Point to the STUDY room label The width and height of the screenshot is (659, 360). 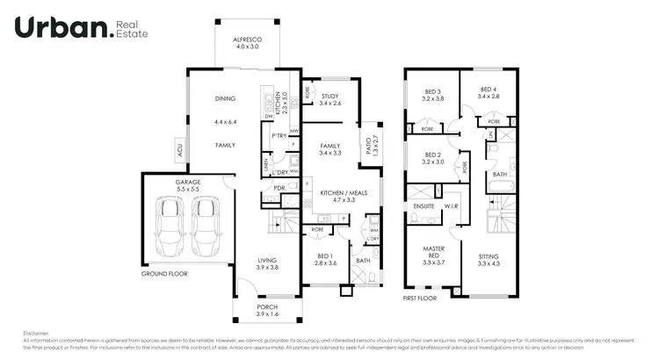[329, 97]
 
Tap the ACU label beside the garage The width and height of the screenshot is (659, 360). [179, 151]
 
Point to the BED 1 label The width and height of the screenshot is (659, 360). [326, 257]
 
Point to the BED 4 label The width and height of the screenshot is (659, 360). [489, 91]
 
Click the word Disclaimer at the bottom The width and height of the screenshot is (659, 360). [38, 334]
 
